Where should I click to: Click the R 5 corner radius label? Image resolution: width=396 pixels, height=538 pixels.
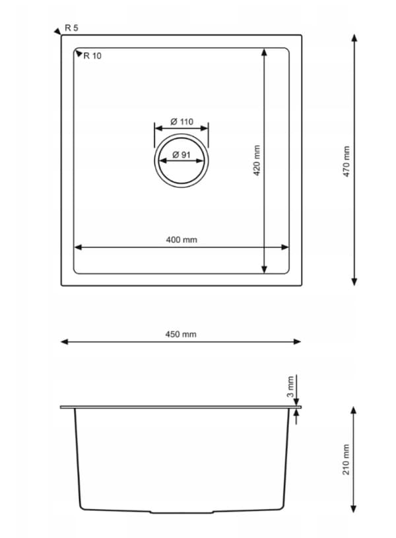[71, 28]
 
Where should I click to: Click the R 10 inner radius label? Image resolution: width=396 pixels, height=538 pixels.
[92, 55]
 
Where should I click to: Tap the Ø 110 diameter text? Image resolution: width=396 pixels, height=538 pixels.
[181, 121]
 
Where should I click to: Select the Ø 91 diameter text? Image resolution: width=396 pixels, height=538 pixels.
[181, 155]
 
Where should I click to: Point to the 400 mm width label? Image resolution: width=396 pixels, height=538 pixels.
[181, 240]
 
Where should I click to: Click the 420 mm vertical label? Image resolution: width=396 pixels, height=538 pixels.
[257, 161]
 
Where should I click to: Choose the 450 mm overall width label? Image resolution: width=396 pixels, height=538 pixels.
[181, 334]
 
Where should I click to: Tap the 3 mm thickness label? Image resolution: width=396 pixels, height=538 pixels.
[290, 386]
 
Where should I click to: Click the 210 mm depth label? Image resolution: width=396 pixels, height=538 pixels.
[346, 460]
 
